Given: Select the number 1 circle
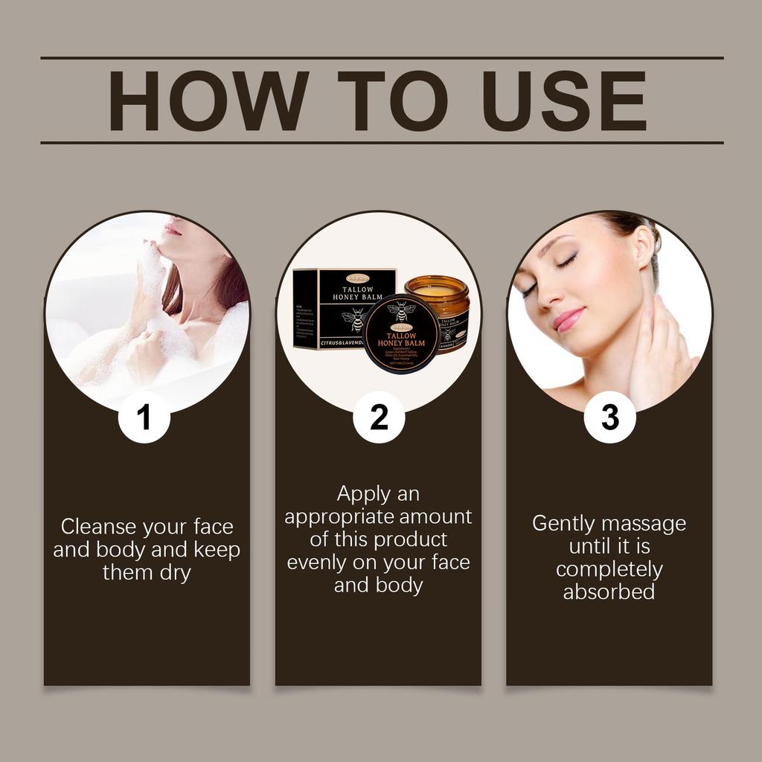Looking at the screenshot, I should click(x=144, y=417).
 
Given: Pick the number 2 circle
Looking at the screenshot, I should click(x=379, y=417).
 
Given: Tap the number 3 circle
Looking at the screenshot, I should click(x=609, y=417).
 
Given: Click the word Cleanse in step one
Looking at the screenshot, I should click(x=99, y=527).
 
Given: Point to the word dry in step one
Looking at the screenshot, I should click(x=173, y=573).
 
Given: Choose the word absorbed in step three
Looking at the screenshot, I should click(x=609, y=592).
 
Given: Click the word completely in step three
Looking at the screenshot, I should click(x=609, y=569).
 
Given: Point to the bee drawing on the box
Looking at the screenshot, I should click(x=355, y=318).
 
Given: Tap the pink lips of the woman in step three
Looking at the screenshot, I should click(x=568, y=319).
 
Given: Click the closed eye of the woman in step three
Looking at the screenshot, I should click(x=566, y=261).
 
